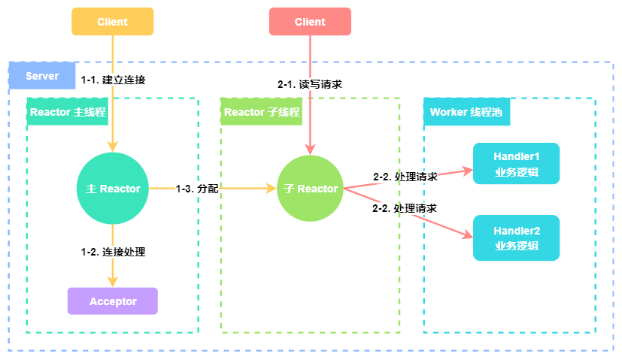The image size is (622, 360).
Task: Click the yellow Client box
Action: pos(112,22)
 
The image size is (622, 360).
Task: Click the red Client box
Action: pos(310,22)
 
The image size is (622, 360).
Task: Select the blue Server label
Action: pos(42,76)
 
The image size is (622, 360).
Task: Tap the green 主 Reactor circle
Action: pos(113,189)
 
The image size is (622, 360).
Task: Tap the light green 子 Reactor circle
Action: pos(311,189)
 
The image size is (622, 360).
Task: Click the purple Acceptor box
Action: pos(113,301)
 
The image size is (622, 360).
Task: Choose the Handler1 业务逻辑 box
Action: pos(516,164)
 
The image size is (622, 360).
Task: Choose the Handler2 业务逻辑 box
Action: pos(516,237)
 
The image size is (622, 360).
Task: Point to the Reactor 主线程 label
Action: pos(68,112)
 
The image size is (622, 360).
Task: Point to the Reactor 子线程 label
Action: pos(262,112)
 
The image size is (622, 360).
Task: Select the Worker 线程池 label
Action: pos(466,112)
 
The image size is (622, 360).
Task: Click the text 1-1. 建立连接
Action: pos(113,80)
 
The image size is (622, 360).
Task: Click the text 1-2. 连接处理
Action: pos(113,252)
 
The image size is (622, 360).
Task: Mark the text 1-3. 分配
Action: pos(197,189)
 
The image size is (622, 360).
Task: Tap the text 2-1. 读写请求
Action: pos(310,84)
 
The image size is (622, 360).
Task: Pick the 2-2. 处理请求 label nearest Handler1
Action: pos(405,177)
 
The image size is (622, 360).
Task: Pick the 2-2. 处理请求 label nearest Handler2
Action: pos(405,207)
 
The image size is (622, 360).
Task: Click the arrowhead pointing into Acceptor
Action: pos(113,282)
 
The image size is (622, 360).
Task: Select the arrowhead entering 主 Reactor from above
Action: pos(113,146)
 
